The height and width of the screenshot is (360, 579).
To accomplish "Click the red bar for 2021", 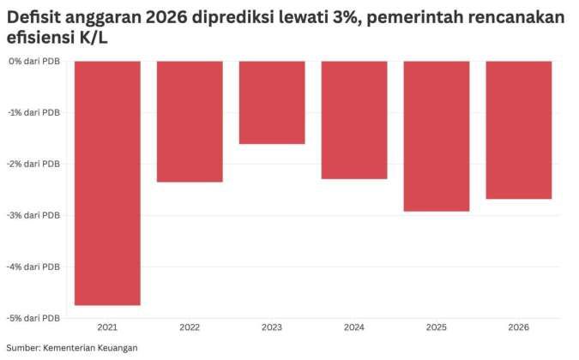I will [107, 183].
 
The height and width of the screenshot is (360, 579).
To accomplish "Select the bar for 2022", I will [190, 121].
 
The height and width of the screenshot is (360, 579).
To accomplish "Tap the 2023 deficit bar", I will [272, 102].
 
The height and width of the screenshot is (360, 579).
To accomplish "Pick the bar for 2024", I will [354, 119].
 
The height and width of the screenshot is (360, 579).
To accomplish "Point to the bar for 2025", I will [437, 135].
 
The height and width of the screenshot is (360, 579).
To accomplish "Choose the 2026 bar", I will [519, 129].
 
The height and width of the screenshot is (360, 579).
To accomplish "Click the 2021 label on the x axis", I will [107, 327].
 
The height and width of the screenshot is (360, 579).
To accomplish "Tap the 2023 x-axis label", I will [272, 327].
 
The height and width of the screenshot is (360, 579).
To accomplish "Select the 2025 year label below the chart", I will [437, 327].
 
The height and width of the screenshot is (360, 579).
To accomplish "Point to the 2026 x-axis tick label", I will [519, 327].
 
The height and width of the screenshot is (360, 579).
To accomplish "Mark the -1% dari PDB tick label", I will [35, 112].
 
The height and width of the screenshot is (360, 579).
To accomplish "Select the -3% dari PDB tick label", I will [35, 215].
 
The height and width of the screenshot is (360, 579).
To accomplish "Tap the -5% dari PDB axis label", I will [35, 317].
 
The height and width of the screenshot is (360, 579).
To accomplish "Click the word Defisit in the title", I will [31, 18].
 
